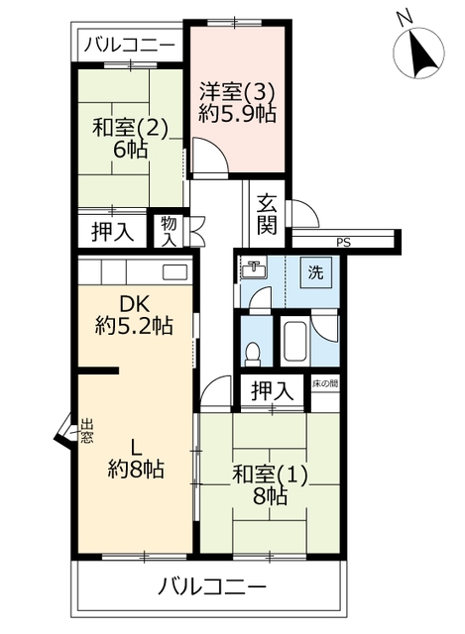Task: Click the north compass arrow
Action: coord(421,53)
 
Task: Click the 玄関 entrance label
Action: coord(267,214)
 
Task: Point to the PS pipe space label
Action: coord(343,243)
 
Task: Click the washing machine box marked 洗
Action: coord(315,272)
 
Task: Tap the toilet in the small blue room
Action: coord(254,354)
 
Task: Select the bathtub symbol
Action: coord(295,342)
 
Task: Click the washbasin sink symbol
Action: coord(254,268)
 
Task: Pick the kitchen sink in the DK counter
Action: coord(175,271)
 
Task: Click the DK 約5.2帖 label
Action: coord(134,315)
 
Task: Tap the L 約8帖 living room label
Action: coord(136,460)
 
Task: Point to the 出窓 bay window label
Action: coord(86,431)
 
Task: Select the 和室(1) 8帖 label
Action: coord(270,485)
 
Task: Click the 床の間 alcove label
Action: coord(325,384)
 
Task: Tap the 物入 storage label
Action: coord(169,231)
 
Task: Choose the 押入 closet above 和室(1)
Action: coord(272,391)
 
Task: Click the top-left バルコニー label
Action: coord(130,45)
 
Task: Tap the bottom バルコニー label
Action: coord(211,586)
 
